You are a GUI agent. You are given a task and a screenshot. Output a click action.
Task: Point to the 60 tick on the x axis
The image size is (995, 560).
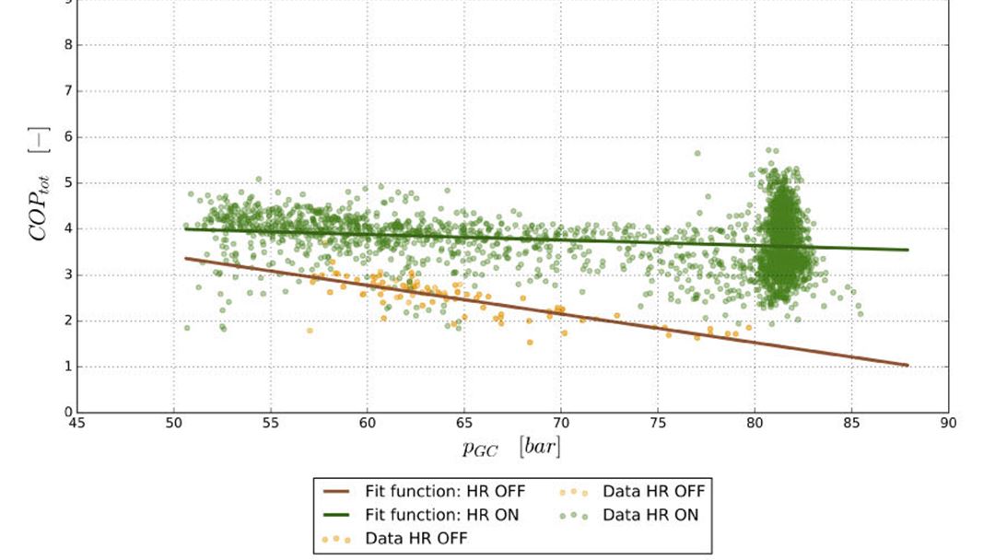pos(368,413)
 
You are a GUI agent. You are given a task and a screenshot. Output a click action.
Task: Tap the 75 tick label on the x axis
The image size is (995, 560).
pos(658,424)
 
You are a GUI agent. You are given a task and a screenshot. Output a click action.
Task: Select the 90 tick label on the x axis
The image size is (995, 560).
pos(948,424)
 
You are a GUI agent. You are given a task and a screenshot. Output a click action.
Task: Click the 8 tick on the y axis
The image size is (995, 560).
pos(77,44)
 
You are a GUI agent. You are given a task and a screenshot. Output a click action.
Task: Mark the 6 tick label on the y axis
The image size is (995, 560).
pos(67,136)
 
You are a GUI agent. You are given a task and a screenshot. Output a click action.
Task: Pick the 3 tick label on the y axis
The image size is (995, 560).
pos(67,274)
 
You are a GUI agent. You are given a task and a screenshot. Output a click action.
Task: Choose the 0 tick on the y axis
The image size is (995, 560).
pos(77,413)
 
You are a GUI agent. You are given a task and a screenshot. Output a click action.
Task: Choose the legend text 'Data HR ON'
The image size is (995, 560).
pos(650,515)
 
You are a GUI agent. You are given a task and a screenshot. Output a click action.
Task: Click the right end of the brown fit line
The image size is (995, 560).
pos(908,366)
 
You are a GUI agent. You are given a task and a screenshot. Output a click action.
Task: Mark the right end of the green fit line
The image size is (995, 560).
pos(908,250)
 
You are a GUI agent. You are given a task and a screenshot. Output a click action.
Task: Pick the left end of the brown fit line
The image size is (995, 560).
pos(185,258)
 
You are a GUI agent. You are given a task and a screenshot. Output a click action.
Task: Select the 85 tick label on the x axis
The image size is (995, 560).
pos(851,424)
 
